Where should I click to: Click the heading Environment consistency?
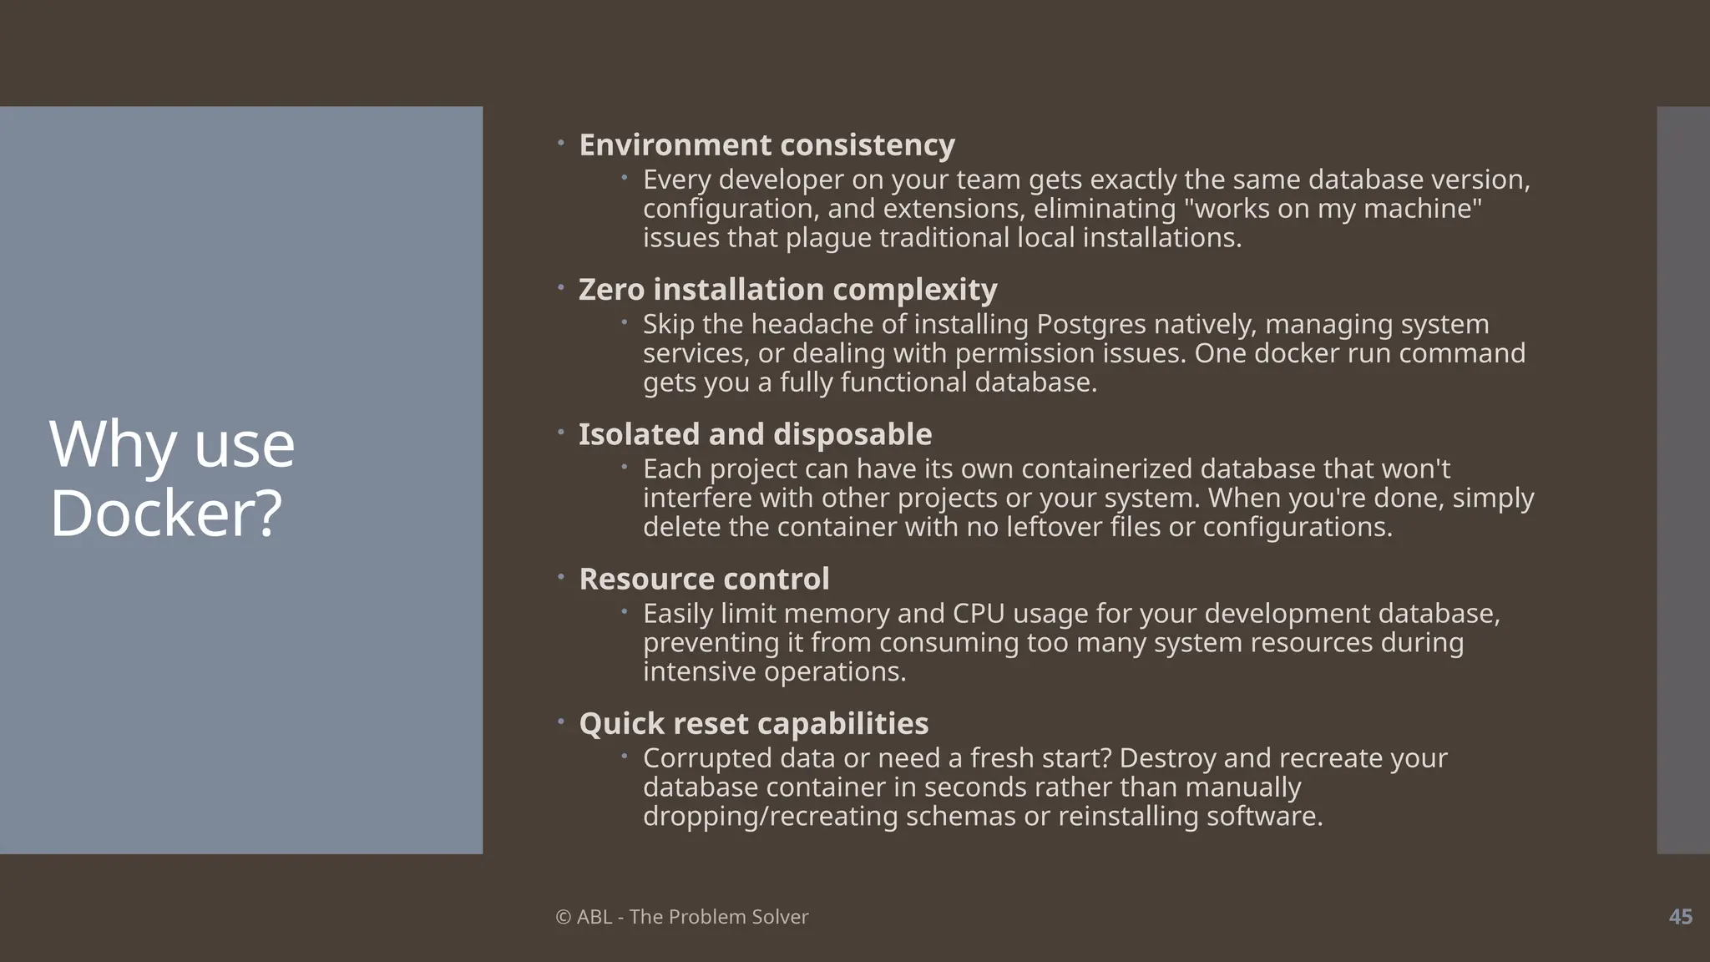pyautogui.click(x=766, y=145)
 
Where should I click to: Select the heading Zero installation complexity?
pyautogui.click(x=787, y=290)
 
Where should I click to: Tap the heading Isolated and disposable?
pyautogui.click(x=755, y=434)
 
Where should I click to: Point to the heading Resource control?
pyautogui.click(x=704, y=579)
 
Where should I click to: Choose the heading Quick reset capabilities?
pyautogui.click(x=753, y=723)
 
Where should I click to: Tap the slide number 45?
pyautogui.click(x=1680, y=917)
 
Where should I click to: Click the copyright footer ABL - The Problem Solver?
pyautogui.click(x=682, y=917)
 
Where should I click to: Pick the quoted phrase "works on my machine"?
pyautogui.click(x=1333, y=209)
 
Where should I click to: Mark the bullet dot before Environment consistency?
pyautogui.click(x=561, y=144)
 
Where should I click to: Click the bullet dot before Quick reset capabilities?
pyautogui.click(x=561, y=721)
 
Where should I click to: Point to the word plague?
pyautogui.click(x=828, y=239)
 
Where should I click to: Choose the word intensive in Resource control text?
pyautogui.click(x=699, y=671)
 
